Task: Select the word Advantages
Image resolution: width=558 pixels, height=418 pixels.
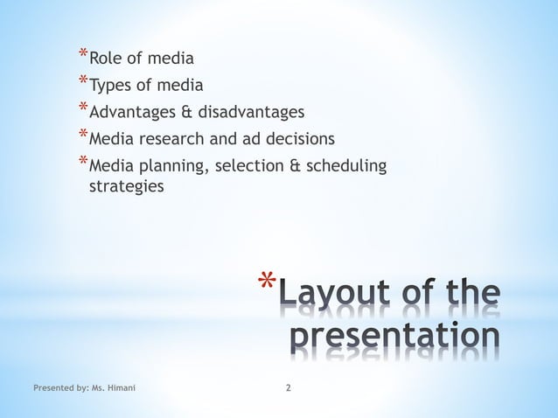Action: click(131, 112)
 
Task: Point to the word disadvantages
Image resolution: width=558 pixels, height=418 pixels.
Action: click(251, 112)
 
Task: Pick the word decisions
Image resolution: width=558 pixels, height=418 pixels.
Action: click(300, 138)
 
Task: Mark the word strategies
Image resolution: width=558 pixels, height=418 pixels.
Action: click(126, 185)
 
